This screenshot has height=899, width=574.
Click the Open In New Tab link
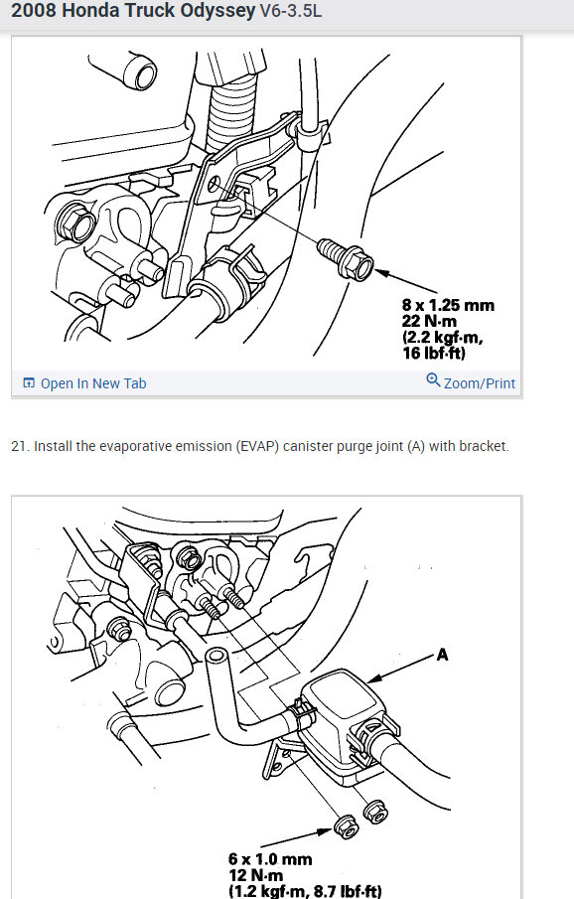pos(84,383)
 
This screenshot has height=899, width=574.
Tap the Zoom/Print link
pos(471,382)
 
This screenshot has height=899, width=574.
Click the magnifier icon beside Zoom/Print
pos(433,379)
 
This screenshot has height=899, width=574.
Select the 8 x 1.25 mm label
pos(448,305)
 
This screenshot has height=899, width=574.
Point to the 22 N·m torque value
pos(429,321)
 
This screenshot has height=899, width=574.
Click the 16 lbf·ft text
pos(434,353)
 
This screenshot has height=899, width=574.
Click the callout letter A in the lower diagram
pos(442,655)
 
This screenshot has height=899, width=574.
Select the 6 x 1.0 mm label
pos(270,859)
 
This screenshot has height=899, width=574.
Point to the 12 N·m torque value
pos(256,875)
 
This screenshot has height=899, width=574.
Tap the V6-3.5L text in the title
pos(291,11)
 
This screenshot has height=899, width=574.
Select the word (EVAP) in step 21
pos(257,446)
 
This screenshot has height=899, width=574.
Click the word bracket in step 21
pos(487,446)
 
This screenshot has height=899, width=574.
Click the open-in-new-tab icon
pos(29,383)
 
